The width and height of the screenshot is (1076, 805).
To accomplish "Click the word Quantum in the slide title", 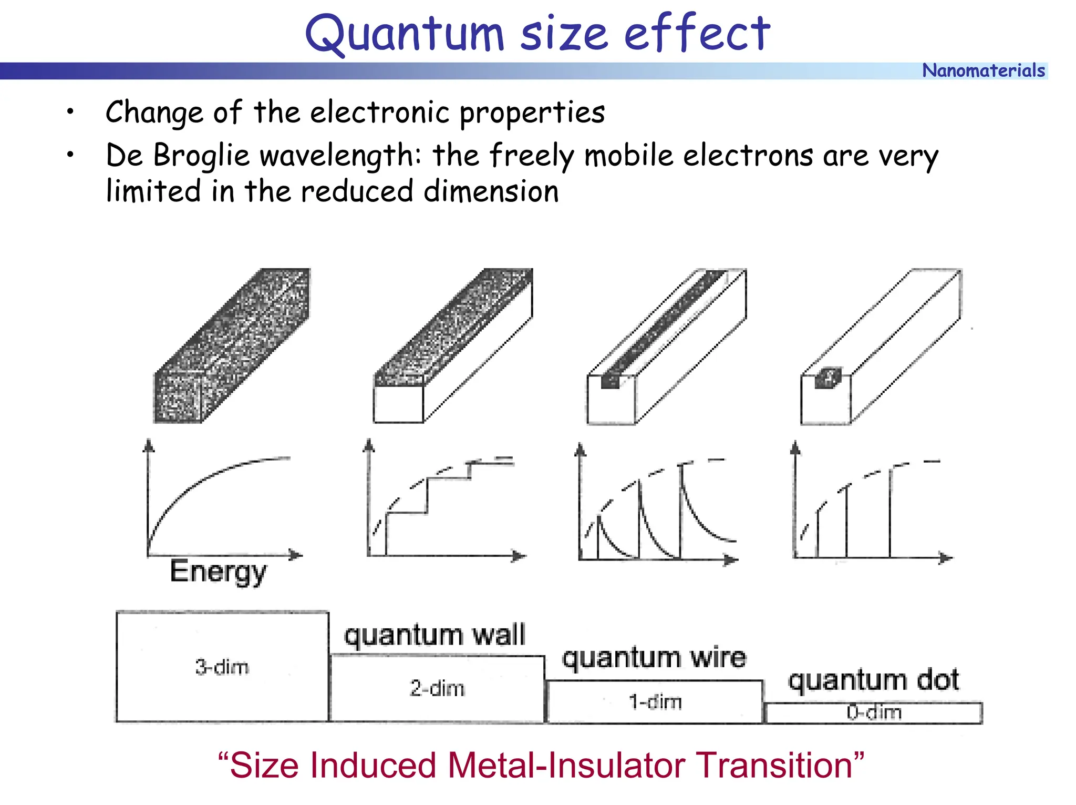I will (405, 34).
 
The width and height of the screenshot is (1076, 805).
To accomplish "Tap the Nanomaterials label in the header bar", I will (984, 70).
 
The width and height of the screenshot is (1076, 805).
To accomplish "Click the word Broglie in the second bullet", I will (201, 156).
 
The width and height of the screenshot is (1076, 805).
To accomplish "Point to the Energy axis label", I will (218, 572).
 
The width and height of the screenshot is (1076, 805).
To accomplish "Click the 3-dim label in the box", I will (222, 667).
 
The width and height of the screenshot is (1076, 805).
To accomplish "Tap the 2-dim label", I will (437, 688).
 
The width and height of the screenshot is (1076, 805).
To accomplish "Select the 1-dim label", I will (655, 702).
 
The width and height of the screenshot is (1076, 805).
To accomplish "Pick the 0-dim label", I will (874, 712).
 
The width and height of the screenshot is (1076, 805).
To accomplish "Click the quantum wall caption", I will (434, 635).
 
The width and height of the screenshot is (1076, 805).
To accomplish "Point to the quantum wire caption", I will (654, 658).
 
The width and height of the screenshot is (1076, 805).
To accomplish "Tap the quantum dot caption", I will (874, 680).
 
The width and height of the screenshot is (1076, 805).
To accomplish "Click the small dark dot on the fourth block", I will (828, 378).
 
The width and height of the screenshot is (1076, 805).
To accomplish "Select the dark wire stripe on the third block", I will (665, 326).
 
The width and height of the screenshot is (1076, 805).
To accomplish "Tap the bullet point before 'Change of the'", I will (70, 111).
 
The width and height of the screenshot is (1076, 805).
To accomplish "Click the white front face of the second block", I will (398, 404).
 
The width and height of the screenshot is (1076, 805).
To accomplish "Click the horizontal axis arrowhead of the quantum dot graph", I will (946, 558).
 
